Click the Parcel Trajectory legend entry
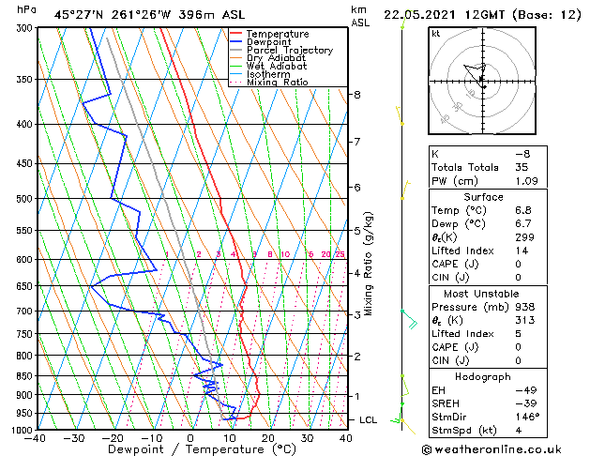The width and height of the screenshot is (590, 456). (289, 50)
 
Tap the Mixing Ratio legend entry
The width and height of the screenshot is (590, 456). (278, 83)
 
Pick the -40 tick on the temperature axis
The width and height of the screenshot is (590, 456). (37, 437)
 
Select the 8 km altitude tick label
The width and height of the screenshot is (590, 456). (356, 95)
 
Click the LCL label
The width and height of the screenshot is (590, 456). (368, 419)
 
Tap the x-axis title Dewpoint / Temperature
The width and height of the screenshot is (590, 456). (190, 449)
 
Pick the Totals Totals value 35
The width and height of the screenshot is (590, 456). (522, 167)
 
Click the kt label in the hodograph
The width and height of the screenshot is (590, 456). (436, 33)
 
